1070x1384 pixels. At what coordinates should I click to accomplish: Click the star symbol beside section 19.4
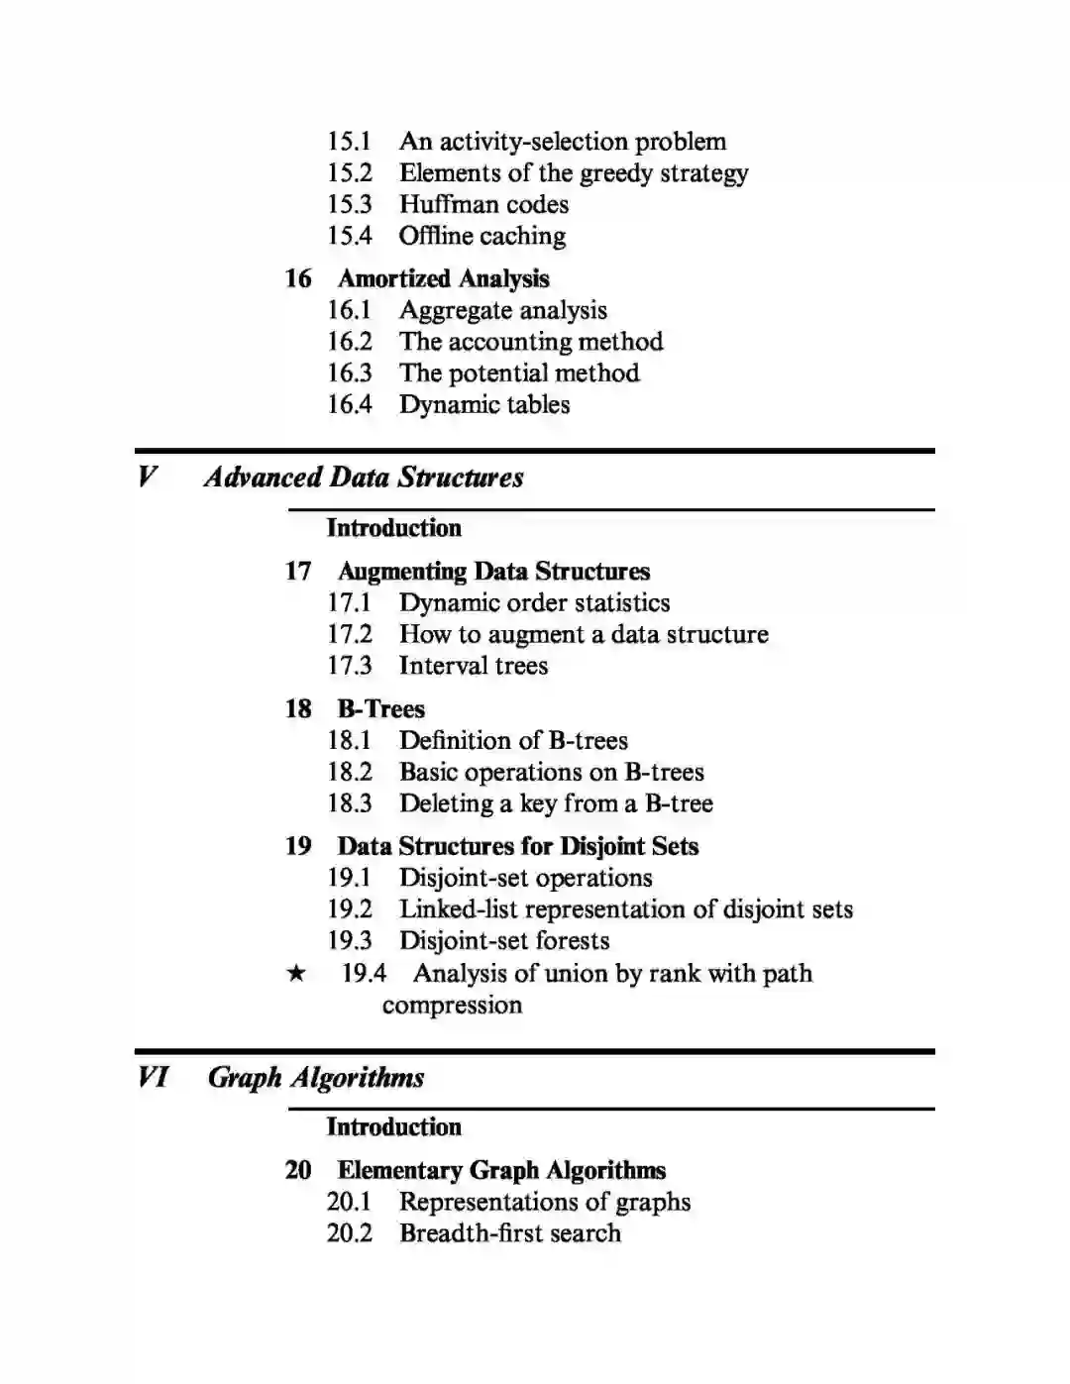click(x=296, y=974)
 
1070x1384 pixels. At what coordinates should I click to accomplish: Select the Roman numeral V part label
click(x=147, y=477)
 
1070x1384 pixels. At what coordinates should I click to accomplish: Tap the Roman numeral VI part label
click(x=154, y=1077)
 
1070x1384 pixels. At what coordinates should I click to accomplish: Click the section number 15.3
click(x=350, y=204)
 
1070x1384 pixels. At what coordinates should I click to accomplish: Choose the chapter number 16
click(x=298, y=278)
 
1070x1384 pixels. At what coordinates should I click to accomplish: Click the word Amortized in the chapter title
click(x=395, y=278)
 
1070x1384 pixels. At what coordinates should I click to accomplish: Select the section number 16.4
click(x=350, y=404)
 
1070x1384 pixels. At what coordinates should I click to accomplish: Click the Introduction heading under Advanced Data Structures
click(x=394, y=528)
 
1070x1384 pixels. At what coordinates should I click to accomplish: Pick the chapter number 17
click(x=298, y=572)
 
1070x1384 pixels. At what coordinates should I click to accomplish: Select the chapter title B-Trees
click(x=381, y=709)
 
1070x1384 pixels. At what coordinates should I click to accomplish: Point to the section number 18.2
click(x=350, y=772)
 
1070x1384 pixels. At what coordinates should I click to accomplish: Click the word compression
click(x=452, y=1006)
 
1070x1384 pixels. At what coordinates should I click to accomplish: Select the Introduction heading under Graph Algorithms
click(x=394, y=1127)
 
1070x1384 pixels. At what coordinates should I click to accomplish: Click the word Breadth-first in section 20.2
click(x=462, y=1233)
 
